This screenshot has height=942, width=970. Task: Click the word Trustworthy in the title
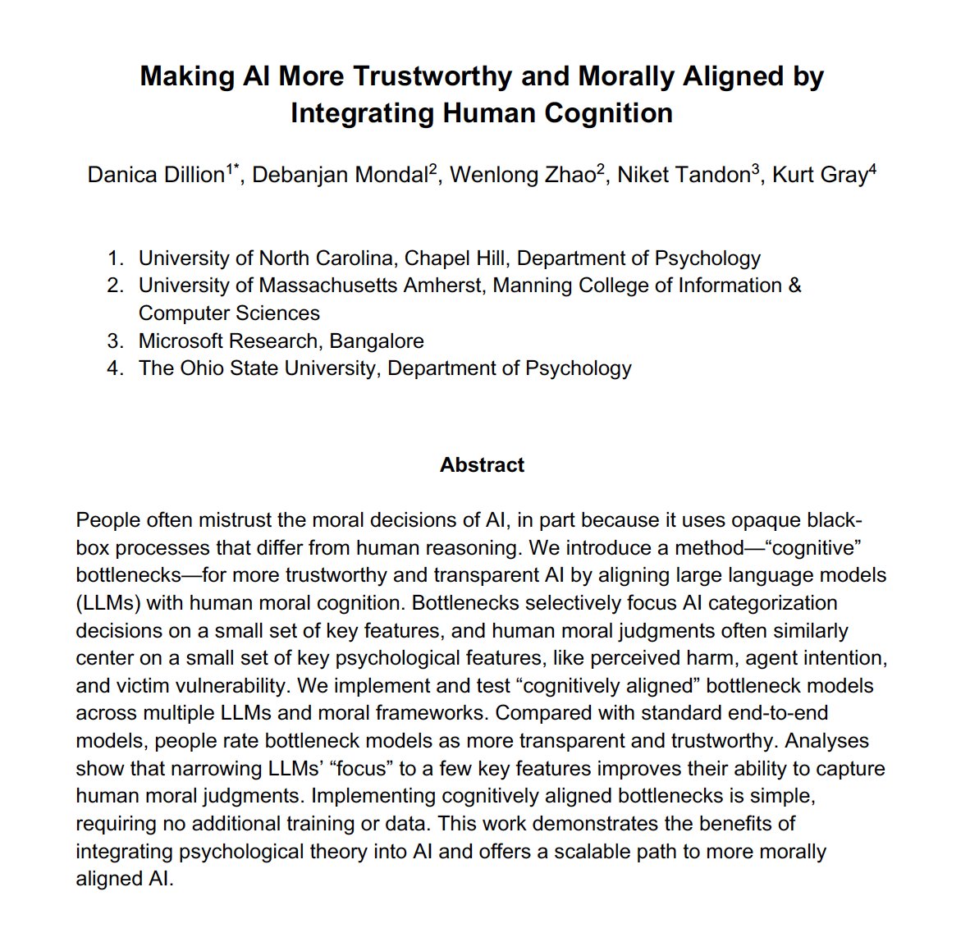[432, 76]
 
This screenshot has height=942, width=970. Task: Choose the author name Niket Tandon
[684, 175]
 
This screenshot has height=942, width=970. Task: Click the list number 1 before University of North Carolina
[114, 258]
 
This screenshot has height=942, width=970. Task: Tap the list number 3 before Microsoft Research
[114, 341]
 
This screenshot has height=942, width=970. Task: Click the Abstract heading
[482, 465]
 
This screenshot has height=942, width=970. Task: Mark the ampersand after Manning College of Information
[794, 286]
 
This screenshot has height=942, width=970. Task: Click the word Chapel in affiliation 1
[438, 258]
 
